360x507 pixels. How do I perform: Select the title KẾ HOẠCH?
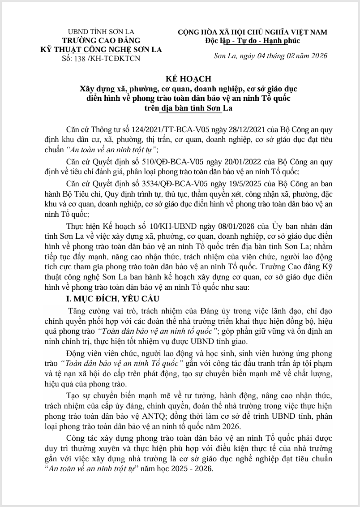(x=180, y=78)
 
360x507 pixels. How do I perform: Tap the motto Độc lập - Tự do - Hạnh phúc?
(x=253, y=41)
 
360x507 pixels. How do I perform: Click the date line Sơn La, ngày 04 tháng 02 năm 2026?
(x=271, y=56)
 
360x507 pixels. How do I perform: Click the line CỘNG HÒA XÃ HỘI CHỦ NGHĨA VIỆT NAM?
(x=253, y=32)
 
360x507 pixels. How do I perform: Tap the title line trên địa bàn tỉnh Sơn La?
(x=180, y=107)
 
